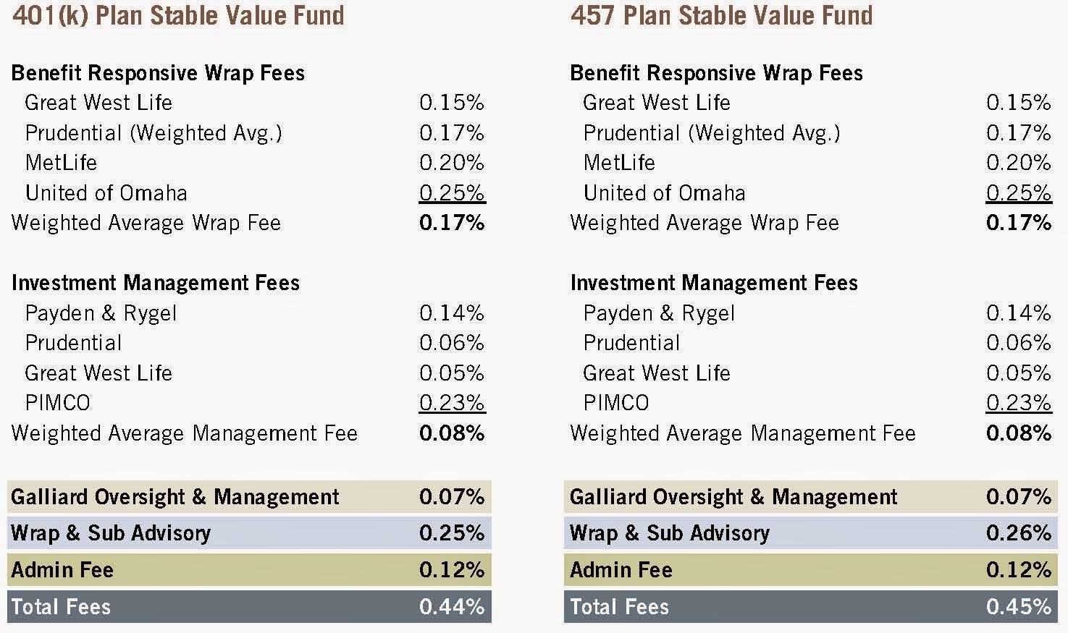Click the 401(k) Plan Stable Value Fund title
point(178,15)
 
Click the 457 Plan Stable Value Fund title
point(721,15)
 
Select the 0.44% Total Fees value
point(451,606)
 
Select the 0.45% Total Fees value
point(1018,606)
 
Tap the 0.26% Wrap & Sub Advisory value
point(1018,533)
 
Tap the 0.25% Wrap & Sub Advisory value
point(451,533)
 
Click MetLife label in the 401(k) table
point(61,163)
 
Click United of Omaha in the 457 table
point(664,193)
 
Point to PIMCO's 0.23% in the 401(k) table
point(451,403)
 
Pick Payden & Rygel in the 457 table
point(659,313)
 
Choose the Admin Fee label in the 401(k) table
point(62,570)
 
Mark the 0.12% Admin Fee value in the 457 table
point(1018,570)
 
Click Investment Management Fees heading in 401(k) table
point(156,283)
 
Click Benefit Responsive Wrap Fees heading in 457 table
point(716,73)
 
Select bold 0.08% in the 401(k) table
point(451,433)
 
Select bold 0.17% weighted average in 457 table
point(1018,223)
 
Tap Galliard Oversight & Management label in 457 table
point(733,497)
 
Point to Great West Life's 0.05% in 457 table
point(1018,373)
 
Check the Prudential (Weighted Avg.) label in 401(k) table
point(154,133)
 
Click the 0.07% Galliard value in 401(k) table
point(451,497)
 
